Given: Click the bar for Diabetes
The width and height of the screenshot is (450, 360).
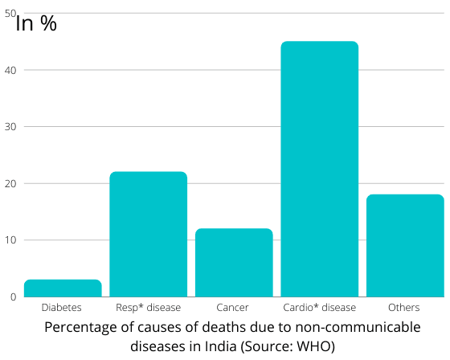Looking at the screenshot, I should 63,288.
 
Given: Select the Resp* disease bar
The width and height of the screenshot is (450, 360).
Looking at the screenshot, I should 148,235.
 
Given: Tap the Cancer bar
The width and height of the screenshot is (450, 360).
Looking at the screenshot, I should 234,263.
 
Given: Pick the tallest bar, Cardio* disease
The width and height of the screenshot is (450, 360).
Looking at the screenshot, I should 319,169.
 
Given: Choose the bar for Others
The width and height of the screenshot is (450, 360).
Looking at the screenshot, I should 405,246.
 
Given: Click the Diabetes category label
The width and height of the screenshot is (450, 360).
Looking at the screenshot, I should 62,308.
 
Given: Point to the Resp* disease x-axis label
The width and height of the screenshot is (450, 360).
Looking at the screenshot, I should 148,308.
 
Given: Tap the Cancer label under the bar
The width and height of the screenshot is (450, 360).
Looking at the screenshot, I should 233,308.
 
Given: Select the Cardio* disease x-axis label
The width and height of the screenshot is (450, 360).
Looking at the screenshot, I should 319,308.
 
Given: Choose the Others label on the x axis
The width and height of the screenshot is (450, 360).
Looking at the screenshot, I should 404,308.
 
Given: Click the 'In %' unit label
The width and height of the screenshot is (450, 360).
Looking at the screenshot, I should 37,23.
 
